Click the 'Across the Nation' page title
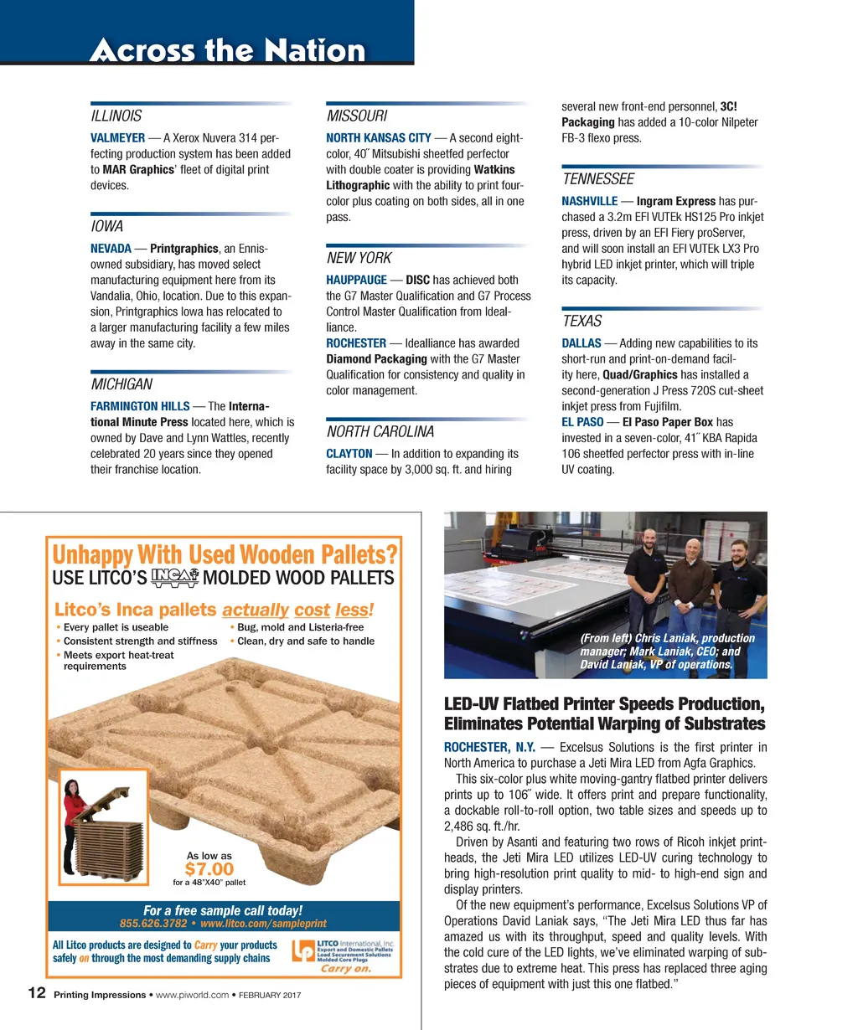227,49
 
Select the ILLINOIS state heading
116,116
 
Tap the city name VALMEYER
117,137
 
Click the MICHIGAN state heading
121,384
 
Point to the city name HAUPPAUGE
356,280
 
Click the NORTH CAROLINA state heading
380,432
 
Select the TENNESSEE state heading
597,179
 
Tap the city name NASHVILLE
589,201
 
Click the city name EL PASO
582,422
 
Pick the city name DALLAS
581,343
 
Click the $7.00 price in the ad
209,869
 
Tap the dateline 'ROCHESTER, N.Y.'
489,747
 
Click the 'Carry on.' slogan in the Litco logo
345,969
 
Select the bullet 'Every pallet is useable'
116,627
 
